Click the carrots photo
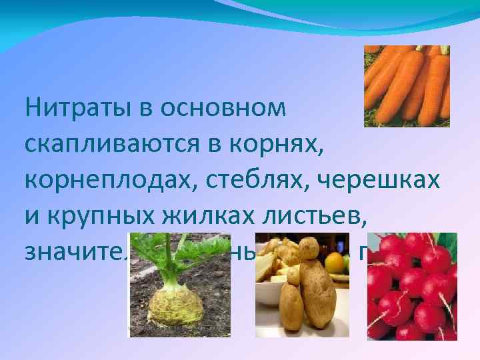point(407,86)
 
